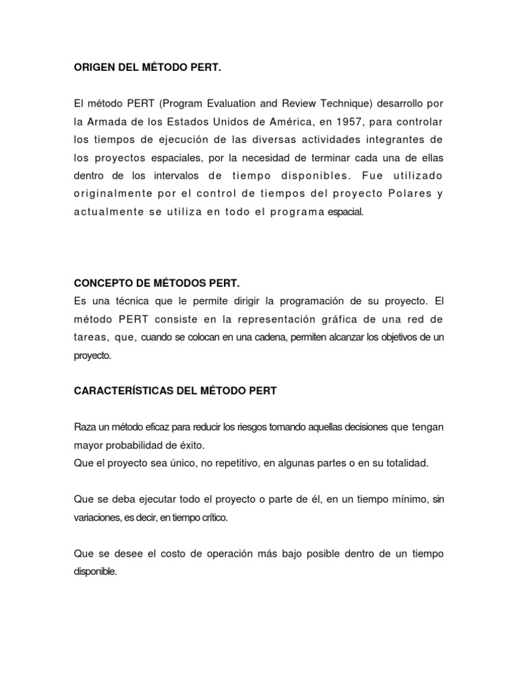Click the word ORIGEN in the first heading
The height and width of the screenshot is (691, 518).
pyautogui.click(x=93, y=67)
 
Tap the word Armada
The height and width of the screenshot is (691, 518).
pyautogui.click(x=108, y=121)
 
